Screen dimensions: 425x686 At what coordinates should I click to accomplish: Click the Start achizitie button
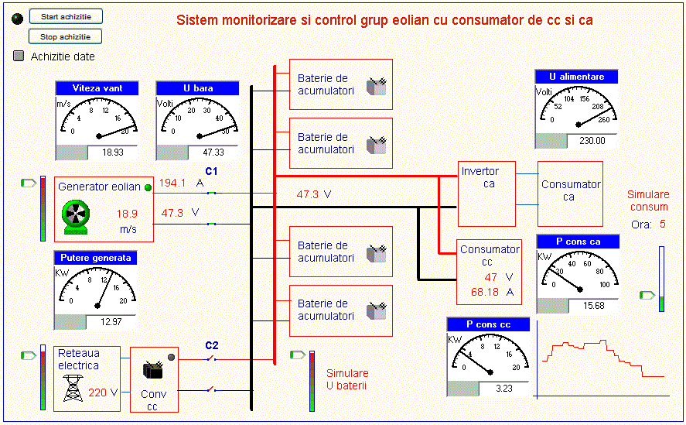pos(66,16)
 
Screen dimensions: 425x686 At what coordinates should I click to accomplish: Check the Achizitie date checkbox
pos(19,57)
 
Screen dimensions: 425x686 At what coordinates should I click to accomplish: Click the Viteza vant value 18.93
pos(113,153)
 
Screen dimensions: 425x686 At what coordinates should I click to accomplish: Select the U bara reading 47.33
pos(213,153)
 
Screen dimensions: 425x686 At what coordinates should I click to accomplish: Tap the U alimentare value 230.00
pos(592,141)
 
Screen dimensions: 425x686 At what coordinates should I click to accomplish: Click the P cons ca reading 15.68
pos(594,306)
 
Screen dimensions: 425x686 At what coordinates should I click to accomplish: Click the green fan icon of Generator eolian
pos(77,216)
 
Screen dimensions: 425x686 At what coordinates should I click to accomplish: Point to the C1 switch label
pos(212,171)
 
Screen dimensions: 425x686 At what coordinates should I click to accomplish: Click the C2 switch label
pos(212,345)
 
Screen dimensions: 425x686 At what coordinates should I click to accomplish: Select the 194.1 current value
pos(172,183)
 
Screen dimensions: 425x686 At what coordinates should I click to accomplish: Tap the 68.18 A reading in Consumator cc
pos(486,292)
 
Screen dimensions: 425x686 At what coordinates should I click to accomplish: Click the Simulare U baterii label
pos(347,379)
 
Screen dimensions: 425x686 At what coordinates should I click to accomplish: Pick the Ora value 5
pos(662,224)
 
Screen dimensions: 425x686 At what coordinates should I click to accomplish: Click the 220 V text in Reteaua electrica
pos(103,392)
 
